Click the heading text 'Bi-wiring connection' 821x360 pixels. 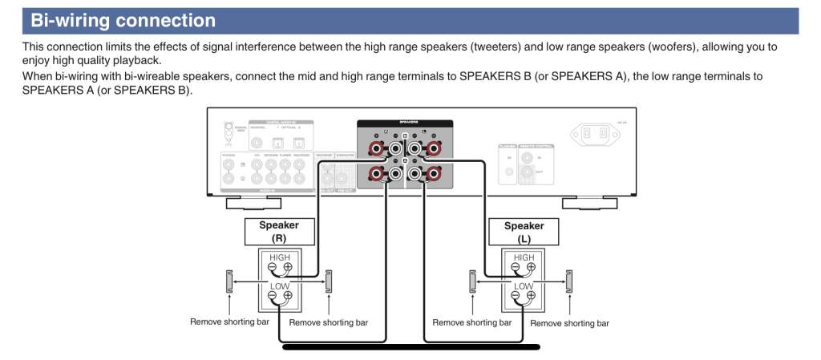point(123,20)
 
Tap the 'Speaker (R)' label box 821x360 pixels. point(278,232)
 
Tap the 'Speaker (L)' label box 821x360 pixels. point(524,232)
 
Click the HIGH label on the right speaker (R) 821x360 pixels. point(279,257)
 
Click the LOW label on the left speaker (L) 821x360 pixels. point(524,285)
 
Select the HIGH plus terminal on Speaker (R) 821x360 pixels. point(287,268)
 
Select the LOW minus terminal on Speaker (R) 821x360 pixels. point(272,296)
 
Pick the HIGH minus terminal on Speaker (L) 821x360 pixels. point(517,268)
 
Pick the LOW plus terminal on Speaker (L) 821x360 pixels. point(532,296)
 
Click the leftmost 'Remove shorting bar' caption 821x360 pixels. point(229,322)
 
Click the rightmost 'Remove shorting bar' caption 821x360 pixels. point(569,323)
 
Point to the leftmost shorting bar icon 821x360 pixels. point(229,281)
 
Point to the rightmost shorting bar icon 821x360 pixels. point(569,281)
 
